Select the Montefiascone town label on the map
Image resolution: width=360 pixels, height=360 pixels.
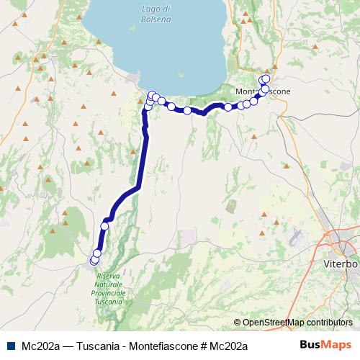point(263,91)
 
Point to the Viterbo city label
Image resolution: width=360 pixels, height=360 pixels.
point(341,264)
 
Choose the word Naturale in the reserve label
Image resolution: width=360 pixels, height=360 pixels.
point(109,285)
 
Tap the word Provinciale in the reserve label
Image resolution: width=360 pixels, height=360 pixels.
point(109,294)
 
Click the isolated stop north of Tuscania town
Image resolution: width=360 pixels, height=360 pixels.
point(104,226)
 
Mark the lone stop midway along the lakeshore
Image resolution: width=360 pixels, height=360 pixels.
point(187,110)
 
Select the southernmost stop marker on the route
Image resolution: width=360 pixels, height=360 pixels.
point(94,260)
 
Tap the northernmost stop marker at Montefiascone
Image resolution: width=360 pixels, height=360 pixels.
point(266,78)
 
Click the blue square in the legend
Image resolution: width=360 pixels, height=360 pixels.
point(12,345)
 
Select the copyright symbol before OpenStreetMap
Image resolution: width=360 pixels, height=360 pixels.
point(237,323)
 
